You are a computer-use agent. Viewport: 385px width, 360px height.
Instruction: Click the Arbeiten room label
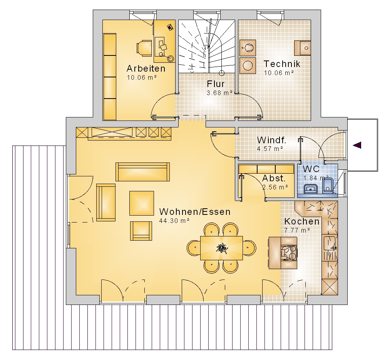(x=146, y=69)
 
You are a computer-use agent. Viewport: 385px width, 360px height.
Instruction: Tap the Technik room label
(x=282, y=64)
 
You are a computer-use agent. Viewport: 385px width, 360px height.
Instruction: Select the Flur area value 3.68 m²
(x=219, y=93)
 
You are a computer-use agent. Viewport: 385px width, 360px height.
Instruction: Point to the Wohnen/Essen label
(x=195, y=212)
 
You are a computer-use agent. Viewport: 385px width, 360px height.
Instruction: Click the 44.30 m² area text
(x=174, y=221)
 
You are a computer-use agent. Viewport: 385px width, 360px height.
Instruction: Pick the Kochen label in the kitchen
(x=302, y=221)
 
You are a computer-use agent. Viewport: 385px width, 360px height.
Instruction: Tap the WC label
(x=311, y=169)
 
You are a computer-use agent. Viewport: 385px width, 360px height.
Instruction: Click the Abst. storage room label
(x=274, y=178)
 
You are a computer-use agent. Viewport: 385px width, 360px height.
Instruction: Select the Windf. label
(x=271, y=140)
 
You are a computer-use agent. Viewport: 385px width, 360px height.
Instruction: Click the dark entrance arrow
(x=357, y=145)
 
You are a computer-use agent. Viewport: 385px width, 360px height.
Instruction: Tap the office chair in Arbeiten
(x=144, y=48)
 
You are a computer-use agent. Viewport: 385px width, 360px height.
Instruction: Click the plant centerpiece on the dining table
(x=222, y=248)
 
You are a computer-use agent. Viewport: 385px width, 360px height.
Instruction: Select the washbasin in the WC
(x=311, y=189)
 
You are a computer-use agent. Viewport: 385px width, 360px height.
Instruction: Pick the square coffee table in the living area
(x=142, y=203)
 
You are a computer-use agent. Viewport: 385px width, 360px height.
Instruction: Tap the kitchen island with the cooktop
(x=283, y=253)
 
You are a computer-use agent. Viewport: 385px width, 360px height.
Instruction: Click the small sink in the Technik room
(x=303, y=48)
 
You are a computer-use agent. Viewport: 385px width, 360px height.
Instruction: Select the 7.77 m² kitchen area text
(x=297, y=230)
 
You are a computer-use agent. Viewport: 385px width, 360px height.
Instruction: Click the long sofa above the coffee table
(x=143, y=172)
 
